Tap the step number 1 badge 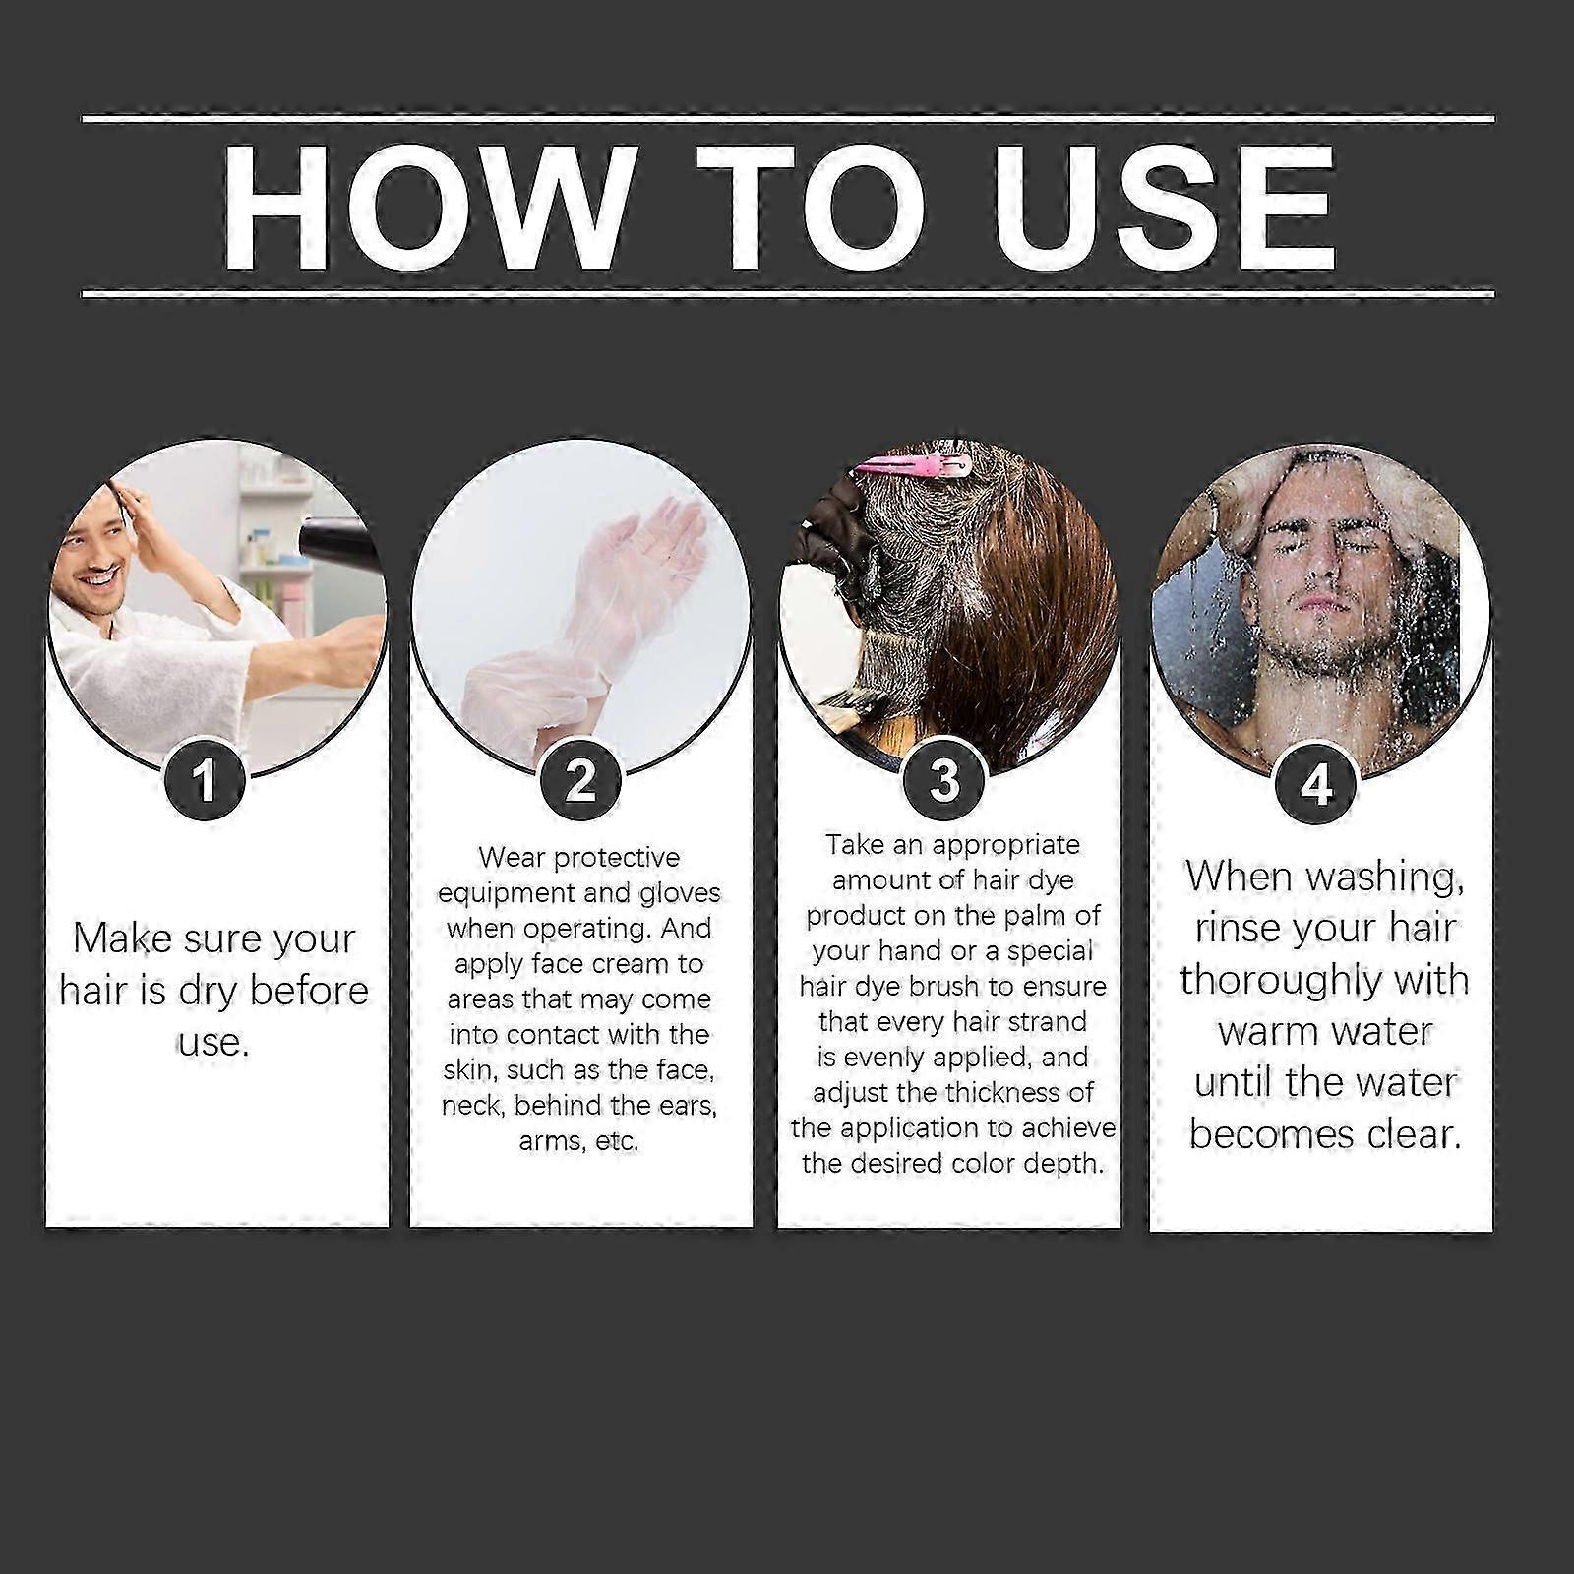205,780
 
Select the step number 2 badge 580,780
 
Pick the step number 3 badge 944,780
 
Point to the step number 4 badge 1315,784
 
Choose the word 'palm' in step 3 1040,916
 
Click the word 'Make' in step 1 108,938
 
